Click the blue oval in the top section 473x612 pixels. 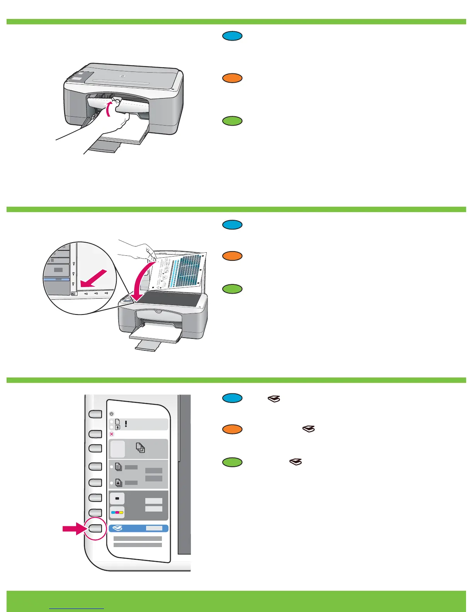tap(232, 36)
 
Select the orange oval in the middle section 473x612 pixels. tap(232, 256)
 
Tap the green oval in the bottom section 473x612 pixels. tap(232, 462)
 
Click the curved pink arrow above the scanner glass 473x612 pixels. tap(140, 282)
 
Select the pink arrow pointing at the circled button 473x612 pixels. tap(75, 528)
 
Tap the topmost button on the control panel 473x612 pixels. tap(95, 414)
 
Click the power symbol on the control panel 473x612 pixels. tap(112, 413)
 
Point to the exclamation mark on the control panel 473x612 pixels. tap(126, 424)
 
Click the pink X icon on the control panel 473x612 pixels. tap(112, 434)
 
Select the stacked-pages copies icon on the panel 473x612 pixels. tap(140, 448)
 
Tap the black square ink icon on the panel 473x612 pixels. tap(117, 498)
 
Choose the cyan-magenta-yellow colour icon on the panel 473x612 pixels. tap(117, 513)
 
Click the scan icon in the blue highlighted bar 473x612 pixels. tap(117, 528)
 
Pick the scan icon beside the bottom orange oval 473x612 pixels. tap(309, 429)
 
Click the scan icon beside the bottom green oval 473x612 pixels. tap(296, 462)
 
